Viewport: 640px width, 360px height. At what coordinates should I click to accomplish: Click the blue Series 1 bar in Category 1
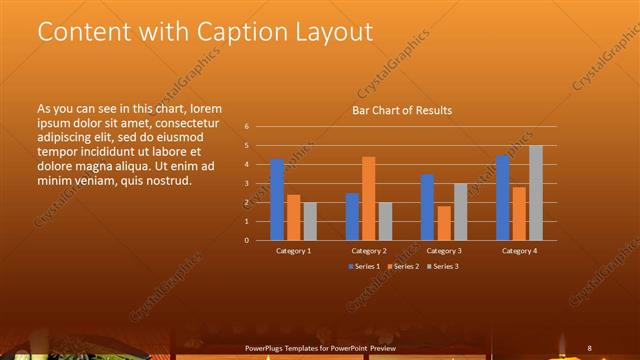pos(277,200)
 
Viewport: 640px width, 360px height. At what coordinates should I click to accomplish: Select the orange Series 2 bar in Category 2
pos(368,198)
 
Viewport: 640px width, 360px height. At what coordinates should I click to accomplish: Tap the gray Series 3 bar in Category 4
pos(536,193)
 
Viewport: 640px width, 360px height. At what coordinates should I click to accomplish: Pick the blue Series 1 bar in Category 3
pos(427,207)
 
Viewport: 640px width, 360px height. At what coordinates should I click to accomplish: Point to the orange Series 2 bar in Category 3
pos(443,223)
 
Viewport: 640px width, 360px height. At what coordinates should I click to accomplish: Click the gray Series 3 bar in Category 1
pos(309,221)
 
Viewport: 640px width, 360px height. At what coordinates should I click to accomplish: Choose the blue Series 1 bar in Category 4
pos(503,198)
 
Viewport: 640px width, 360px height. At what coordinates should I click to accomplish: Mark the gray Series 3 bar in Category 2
pos(385,221)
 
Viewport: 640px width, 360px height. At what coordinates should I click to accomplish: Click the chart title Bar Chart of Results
pos(402,110)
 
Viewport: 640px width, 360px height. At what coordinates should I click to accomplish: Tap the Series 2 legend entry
pos(401,266)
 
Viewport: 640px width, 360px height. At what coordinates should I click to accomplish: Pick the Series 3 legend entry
pos(442,266)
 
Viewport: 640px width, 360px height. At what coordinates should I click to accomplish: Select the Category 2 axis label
pos(369,251)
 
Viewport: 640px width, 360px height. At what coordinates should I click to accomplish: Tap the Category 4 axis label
pos(519,251)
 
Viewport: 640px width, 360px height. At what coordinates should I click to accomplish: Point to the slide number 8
pos(590,347)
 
